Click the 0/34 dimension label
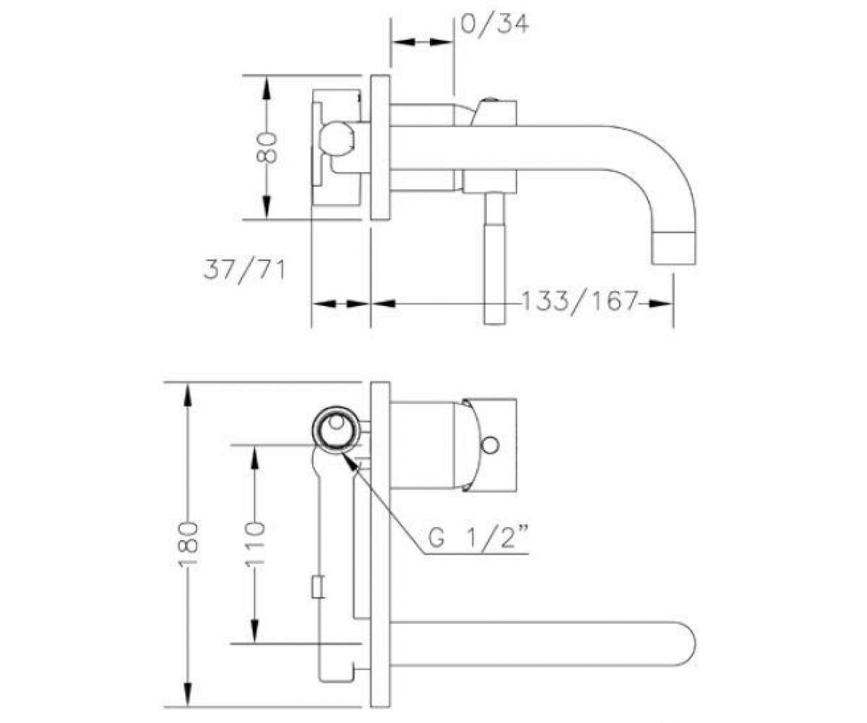tap(494, 25)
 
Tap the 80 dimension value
tap(267, 148)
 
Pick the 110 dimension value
tap(254, 544)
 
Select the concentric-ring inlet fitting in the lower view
tap(335, 430)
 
